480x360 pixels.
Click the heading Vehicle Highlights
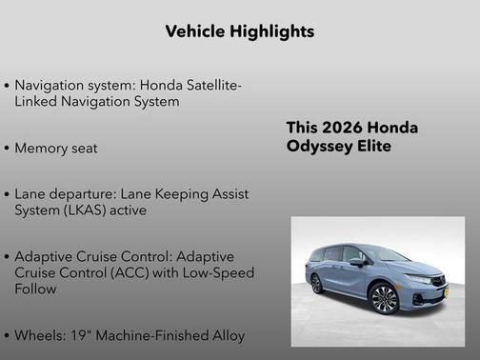[239, 31]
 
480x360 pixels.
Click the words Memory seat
[56, 148]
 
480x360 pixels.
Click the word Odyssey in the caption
[320, 146]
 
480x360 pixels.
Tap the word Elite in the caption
[372, 146]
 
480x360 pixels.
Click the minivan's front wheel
[385, 298]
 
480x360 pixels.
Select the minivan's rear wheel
[316, 284]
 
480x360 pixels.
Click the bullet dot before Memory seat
[8, 149]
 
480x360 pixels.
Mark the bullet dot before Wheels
[8, 335]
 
